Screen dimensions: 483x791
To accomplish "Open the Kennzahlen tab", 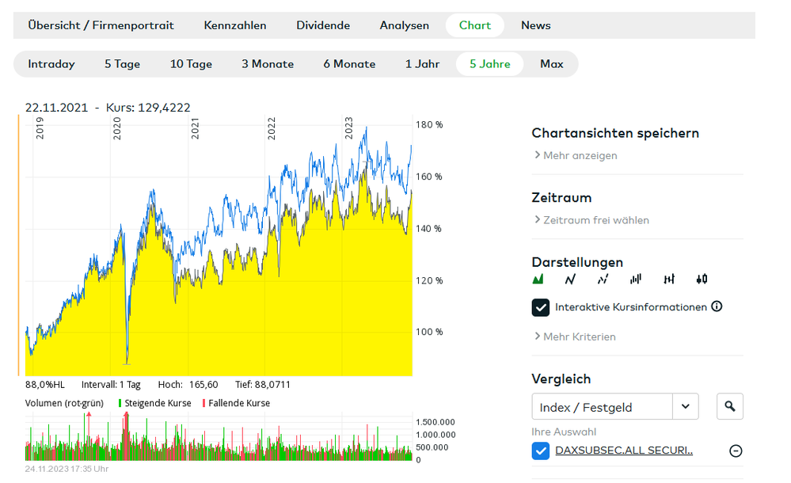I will [x=235, y=25].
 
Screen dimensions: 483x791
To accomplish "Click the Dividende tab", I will [x=323, y=25].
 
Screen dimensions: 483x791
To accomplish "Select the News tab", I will [x=535, y=25].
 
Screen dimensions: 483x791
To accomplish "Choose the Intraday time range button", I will [x=51, y=64].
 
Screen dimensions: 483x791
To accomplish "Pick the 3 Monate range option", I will [x=268, y=64].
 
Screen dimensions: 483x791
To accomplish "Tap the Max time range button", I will [x=552, y=64].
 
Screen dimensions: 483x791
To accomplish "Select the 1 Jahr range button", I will [x=423, y=64].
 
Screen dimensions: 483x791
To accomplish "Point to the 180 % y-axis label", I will [x=429, y=125].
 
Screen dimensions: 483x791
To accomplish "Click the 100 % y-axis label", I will [x=429, y=332].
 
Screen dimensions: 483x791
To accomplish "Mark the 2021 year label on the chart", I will [x=195, y=129].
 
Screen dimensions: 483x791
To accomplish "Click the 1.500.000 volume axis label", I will [x=435, y=422].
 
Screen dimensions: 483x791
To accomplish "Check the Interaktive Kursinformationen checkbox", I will [x=541, y=307].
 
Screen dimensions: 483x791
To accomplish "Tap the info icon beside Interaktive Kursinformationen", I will [x=717, y=306].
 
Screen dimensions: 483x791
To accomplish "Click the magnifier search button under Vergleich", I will [x=730, y=407].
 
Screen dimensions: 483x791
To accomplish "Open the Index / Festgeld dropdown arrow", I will [x=685, y=407].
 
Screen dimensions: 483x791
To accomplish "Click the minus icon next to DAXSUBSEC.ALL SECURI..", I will [x=736, y=451].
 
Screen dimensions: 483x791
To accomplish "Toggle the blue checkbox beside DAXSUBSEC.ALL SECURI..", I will [x=541, y=451].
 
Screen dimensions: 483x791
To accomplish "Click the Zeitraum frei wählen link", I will [x=595, y=220].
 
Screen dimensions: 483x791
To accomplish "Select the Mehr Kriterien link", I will [x=579, y=337].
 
